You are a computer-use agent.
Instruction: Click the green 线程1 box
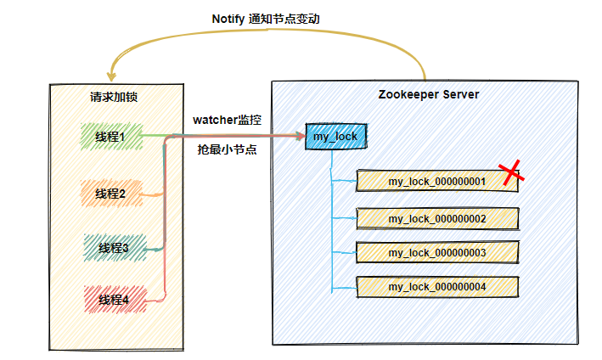tap(111, 136)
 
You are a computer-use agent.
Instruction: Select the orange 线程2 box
tap(111, 194)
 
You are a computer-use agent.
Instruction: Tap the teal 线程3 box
tap(115, 248)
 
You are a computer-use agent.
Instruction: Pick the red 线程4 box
tap(115, 300)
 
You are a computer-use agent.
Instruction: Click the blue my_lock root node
tap(336, 136)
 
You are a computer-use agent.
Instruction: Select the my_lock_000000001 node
tap(437, 181)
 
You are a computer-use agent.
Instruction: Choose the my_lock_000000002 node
tap(437, 219)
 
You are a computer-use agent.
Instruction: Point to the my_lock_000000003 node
tap(437, 252)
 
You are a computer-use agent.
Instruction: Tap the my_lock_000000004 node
tap(437, 287)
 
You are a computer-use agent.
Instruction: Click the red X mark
tap(511, 172)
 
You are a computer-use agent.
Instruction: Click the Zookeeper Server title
tap(429, 94)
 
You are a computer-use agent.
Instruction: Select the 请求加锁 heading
tap(114, 97)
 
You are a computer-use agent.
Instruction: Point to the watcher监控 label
tap(227, 120)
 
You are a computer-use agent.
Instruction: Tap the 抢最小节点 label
tap(227, 149)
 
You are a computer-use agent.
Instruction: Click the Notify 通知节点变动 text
tap(266, 19)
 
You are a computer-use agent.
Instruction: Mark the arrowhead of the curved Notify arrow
tap(111, 76)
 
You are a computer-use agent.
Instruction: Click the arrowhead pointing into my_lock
tap(301, 136)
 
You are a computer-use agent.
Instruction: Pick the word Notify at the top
tap(228, 20)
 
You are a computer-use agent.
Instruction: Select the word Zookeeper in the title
tap(408, 95)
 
